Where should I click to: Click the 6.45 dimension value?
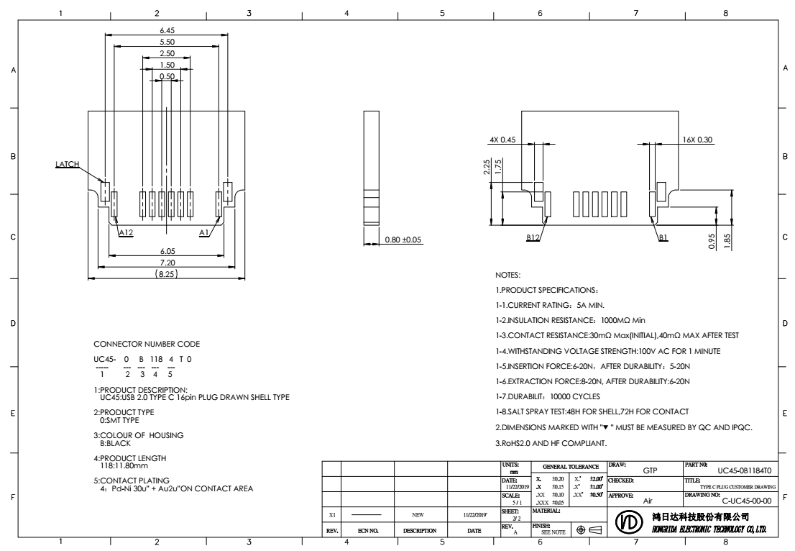coord(167,31)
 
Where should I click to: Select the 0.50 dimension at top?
coord(167,76)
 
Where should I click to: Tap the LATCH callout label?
coord(66,165)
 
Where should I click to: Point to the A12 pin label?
coord(126,232)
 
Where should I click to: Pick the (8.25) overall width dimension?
coord(167,274)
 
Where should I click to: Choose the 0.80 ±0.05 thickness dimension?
coord(403,239)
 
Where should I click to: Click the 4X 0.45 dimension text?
coord(503,140)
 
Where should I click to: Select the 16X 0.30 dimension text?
coord(697,140)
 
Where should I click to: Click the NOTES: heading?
coord(508,275)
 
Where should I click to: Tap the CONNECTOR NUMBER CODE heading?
coord(147,344)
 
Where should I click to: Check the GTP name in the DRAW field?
coord(651,470)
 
